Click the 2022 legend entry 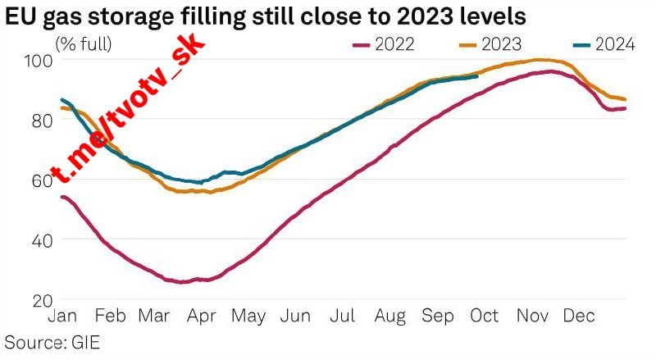coord(388,44)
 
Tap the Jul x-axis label coord(342,316)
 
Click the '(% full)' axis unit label coord(84,43)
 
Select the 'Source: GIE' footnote coord(52,341)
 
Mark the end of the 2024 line coord(477,77)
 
